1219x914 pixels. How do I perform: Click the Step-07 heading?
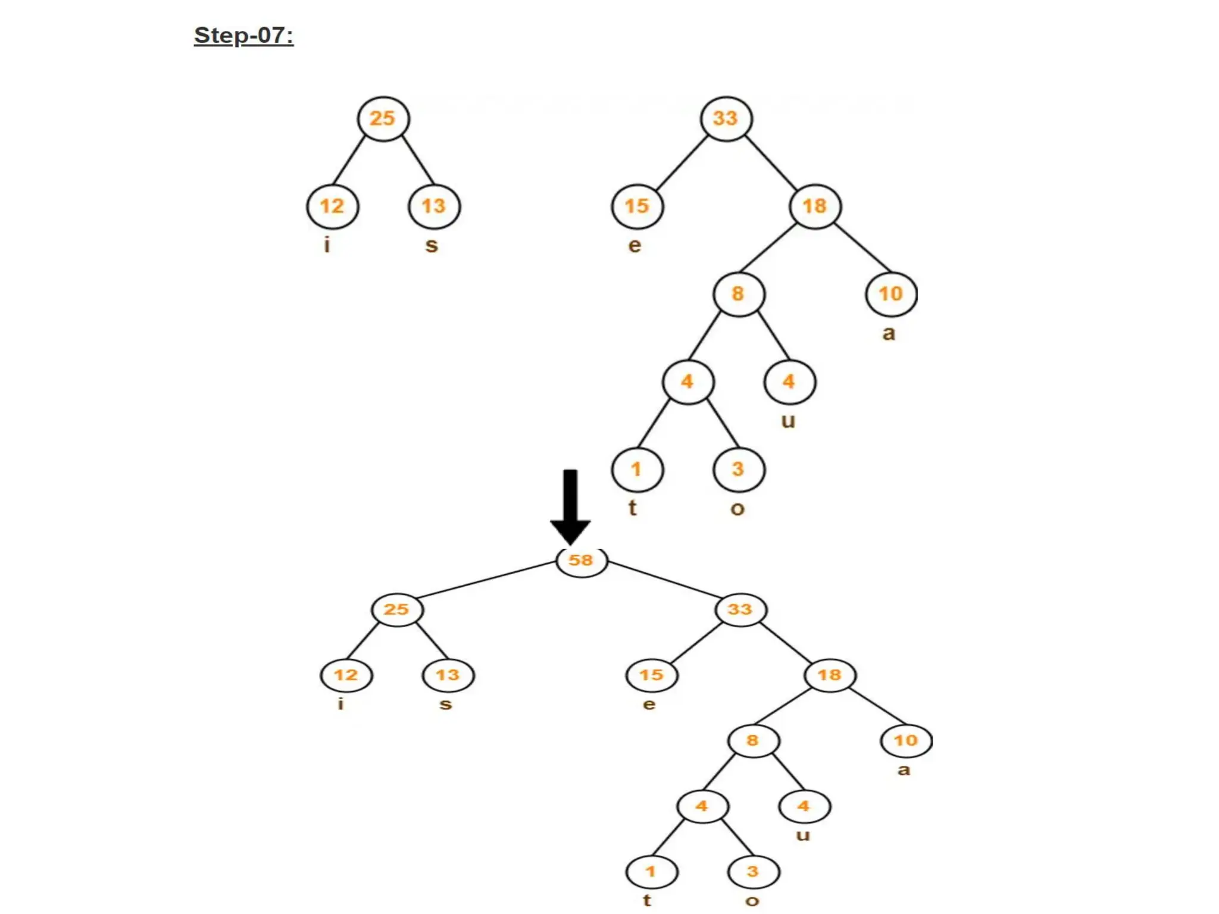coord(243,36)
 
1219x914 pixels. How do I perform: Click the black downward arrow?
coord(570,506)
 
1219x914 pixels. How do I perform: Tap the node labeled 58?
coord(582,561)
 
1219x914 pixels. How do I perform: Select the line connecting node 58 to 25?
coord(486,580)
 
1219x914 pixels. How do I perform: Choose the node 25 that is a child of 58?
coord(397,610)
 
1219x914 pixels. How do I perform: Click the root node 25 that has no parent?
coord(383,118)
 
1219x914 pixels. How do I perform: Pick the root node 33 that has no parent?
coord(726,118)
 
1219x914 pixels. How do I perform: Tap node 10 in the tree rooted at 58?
coord(906,741)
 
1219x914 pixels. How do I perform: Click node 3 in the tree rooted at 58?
coord(753,872)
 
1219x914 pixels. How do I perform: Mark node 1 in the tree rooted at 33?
coord(637,469)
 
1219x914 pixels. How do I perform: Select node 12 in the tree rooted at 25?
coord(332,206)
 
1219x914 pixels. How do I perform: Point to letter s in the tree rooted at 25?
coord(432,245)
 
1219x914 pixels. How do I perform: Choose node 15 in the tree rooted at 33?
coord(637,206)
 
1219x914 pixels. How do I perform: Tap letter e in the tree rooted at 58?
coord(649,705)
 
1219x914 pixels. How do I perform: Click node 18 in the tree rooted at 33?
coord(815,206)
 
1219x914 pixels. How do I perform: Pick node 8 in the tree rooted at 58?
coord(753,741)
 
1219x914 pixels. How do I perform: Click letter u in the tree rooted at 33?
coord(788,421)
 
